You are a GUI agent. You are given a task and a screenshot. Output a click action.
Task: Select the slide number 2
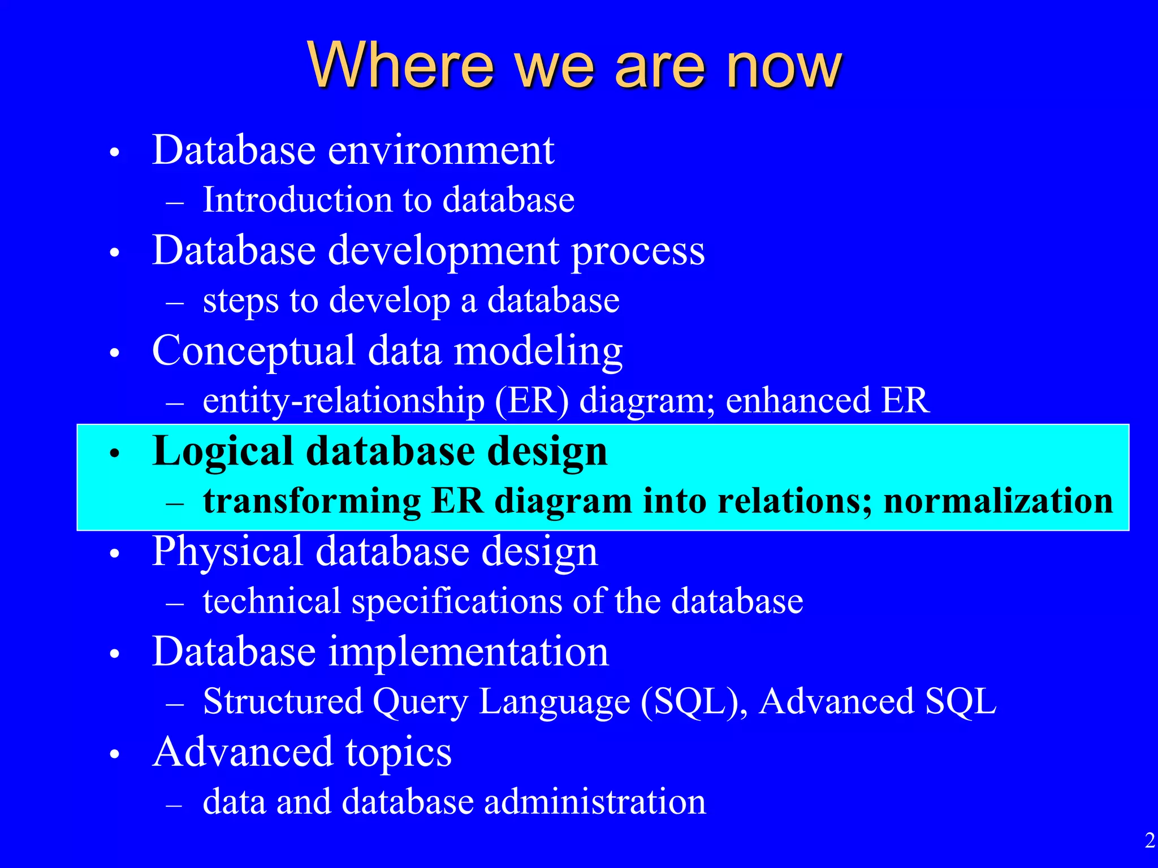(x=1150, y=841)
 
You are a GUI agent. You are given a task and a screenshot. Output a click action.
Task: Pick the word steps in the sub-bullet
(x=241, y=301)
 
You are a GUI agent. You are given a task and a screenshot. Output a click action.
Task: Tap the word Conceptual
(x=253, y=351)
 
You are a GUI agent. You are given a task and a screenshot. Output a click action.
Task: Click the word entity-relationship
(x=343, y=401)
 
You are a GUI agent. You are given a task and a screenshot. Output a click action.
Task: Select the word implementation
(x=468, y=652)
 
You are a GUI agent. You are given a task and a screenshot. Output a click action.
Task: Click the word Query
(x=420, y=702)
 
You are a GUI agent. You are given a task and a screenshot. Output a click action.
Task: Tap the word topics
(x=399, y=753)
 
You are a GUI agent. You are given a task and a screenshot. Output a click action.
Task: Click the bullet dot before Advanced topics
(x=115, y=754)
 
